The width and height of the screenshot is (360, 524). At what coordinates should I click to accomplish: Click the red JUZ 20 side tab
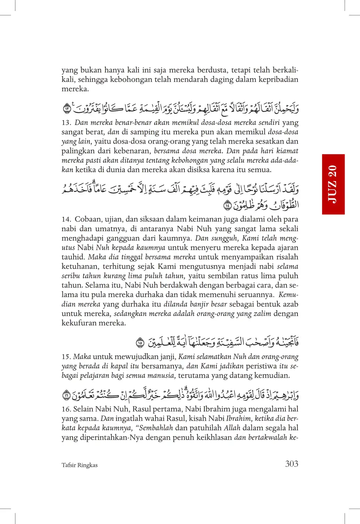point(333,184)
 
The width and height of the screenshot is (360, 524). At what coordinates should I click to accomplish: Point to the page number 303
point(291,464)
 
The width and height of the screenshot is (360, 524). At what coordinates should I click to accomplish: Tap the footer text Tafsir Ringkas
point(79,465)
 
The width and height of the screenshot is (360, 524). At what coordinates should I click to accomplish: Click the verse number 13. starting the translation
point(66,123)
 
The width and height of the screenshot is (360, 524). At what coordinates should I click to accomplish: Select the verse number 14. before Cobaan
point(66,219)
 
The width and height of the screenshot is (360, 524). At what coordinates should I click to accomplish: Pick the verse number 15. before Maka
point(66,357)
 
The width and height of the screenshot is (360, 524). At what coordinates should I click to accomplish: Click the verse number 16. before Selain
point(66,409)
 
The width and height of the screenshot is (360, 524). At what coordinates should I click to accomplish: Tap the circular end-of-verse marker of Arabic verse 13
point(67,109)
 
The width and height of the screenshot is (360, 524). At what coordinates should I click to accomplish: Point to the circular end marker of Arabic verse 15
point(140,343)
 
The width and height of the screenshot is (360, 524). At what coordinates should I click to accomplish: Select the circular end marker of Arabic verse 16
point(66,395)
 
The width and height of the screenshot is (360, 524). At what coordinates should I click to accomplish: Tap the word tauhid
point(73,257)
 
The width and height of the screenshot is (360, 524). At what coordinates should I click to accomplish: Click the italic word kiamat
point(288,151)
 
